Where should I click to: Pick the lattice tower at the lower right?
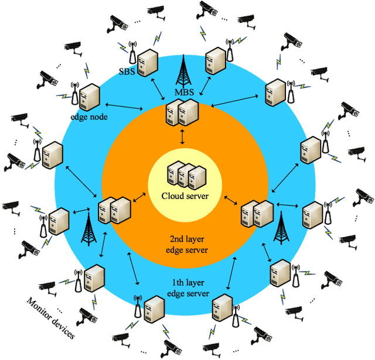click(283, 226)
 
